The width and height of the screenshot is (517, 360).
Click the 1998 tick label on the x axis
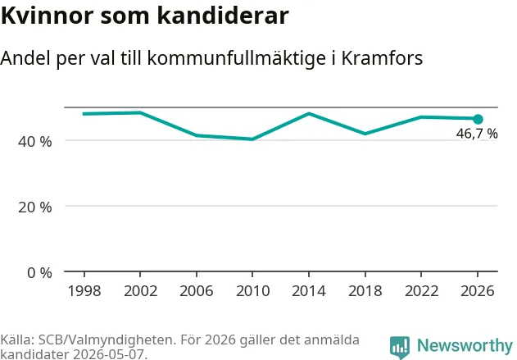click(x=84, y=291)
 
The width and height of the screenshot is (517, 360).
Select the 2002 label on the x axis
click(x=140, y=291)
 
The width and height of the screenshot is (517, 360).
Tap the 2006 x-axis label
click(x=197, y=291)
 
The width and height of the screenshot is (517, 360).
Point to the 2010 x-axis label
click(x=252, y=291)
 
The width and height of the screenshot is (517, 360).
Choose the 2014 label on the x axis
click(x=309, y=291)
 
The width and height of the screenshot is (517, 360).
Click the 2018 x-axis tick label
click(x=365, y=291)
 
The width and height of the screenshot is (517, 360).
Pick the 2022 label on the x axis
click(x=421, y=291)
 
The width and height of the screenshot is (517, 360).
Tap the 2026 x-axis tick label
click(x=478, y=291)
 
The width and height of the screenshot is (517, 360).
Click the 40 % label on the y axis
click(x=35, y=142)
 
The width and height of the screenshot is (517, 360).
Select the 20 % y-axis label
click(x=35, y=207)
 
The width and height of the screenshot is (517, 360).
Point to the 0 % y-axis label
click(x=39, y=273)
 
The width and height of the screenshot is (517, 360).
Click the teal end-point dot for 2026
click(x=478, y=119)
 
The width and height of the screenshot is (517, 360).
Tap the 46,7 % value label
click(x=477, y=134)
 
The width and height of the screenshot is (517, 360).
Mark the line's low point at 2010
click(x=252, y=139)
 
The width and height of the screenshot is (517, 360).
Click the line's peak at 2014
click(x=309, y=113)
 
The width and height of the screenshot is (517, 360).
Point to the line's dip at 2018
click(x=365, y=134)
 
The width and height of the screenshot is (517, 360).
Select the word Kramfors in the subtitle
click(x=382, y=58)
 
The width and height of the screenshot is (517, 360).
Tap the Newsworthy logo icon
click(x=400, y=348)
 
